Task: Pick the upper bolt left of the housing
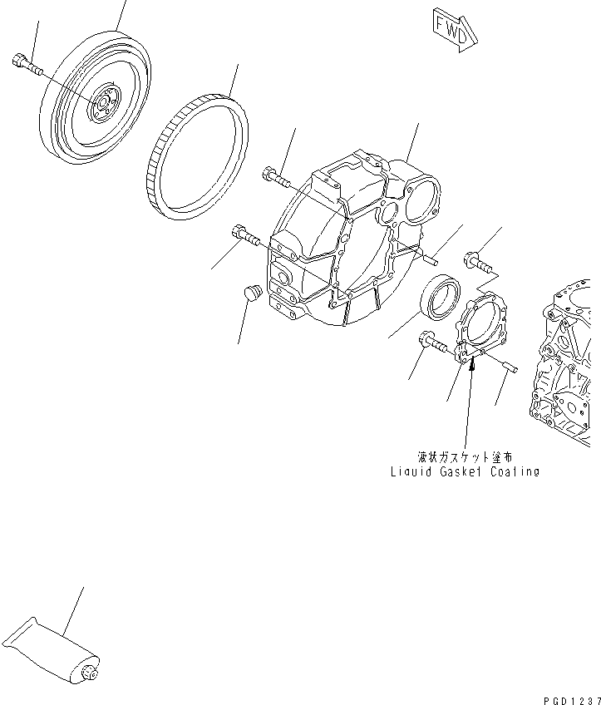[x=274, y=175]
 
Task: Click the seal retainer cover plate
[x=482, y=333]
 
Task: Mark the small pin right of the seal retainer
[x=506, y=366]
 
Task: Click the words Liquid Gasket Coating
[x=465, y=471]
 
